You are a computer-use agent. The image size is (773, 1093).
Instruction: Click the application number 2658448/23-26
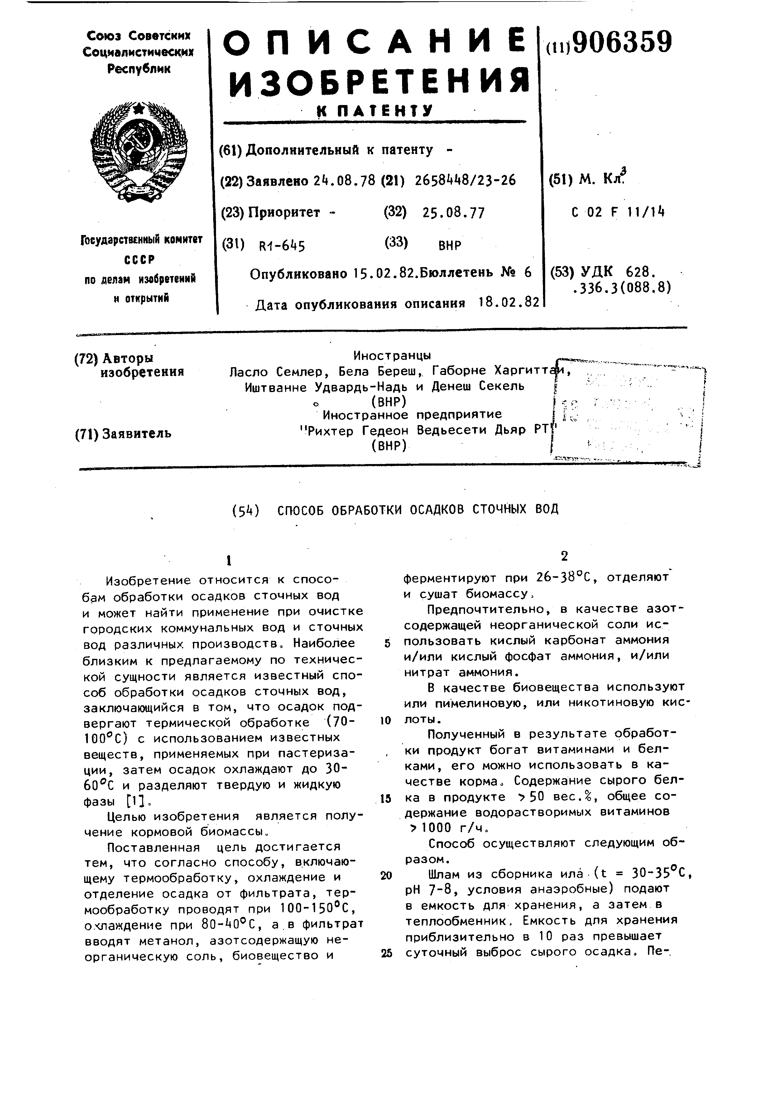[x=465, y=180]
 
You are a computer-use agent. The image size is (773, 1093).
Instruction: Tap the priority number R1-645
[x=281, y=246]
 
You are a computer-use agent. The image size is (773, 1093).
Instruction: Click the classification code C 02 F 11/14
[x=617, y=212]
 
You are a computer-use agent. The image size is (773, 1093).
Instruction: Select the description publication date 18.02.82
[x=509, y=303]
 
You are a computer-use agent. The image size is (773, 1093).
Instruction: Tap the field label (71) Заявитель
[x=123, y=434]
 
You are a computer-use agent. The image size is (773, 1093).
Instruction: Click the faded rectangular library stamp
[x=628, y=412]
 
